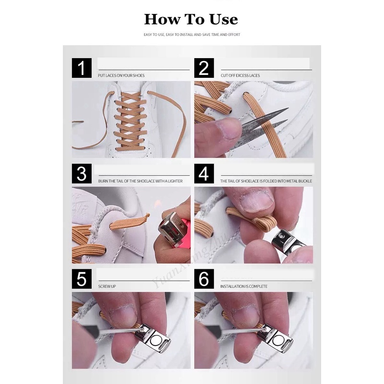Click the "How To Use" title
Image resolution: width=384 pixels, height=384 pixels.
pyautogui.click(x=191, y=19)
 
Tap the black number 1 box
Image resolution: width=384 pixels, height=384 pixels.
pyautogui.click(x=82, y=68)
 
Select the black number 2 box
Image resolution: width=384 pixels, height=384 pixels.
pyautogui.click(x=204, y=68)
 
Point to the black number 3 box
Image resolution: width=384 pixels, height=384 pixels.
pyautogui.click(x=82, y=174)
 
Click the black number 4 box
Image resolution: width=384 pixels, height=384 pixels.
pyautogui.click(x=204, y=174)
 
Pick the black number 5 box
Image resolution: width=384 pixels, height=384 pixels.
pyautogui.click(x=82, y=279)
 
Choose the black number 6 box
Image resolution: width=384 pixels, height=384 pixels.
pyautogui.click(x=204, y=279)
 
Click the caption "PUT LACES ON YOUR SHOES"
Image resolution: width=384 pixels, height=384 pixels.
pyautogui.click(x=121, y=75)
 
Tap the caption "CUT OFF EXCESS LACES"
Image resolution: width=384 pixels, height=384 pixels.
pyautogui.click(x=240, y=75)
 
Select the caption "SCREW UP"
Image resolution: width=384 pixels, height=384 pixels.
pyautogui.click(x=107, y=286)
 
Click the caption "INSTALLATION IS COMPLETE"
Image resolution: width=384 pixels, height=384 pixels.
pyautogui.click(x=244, y=286)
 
